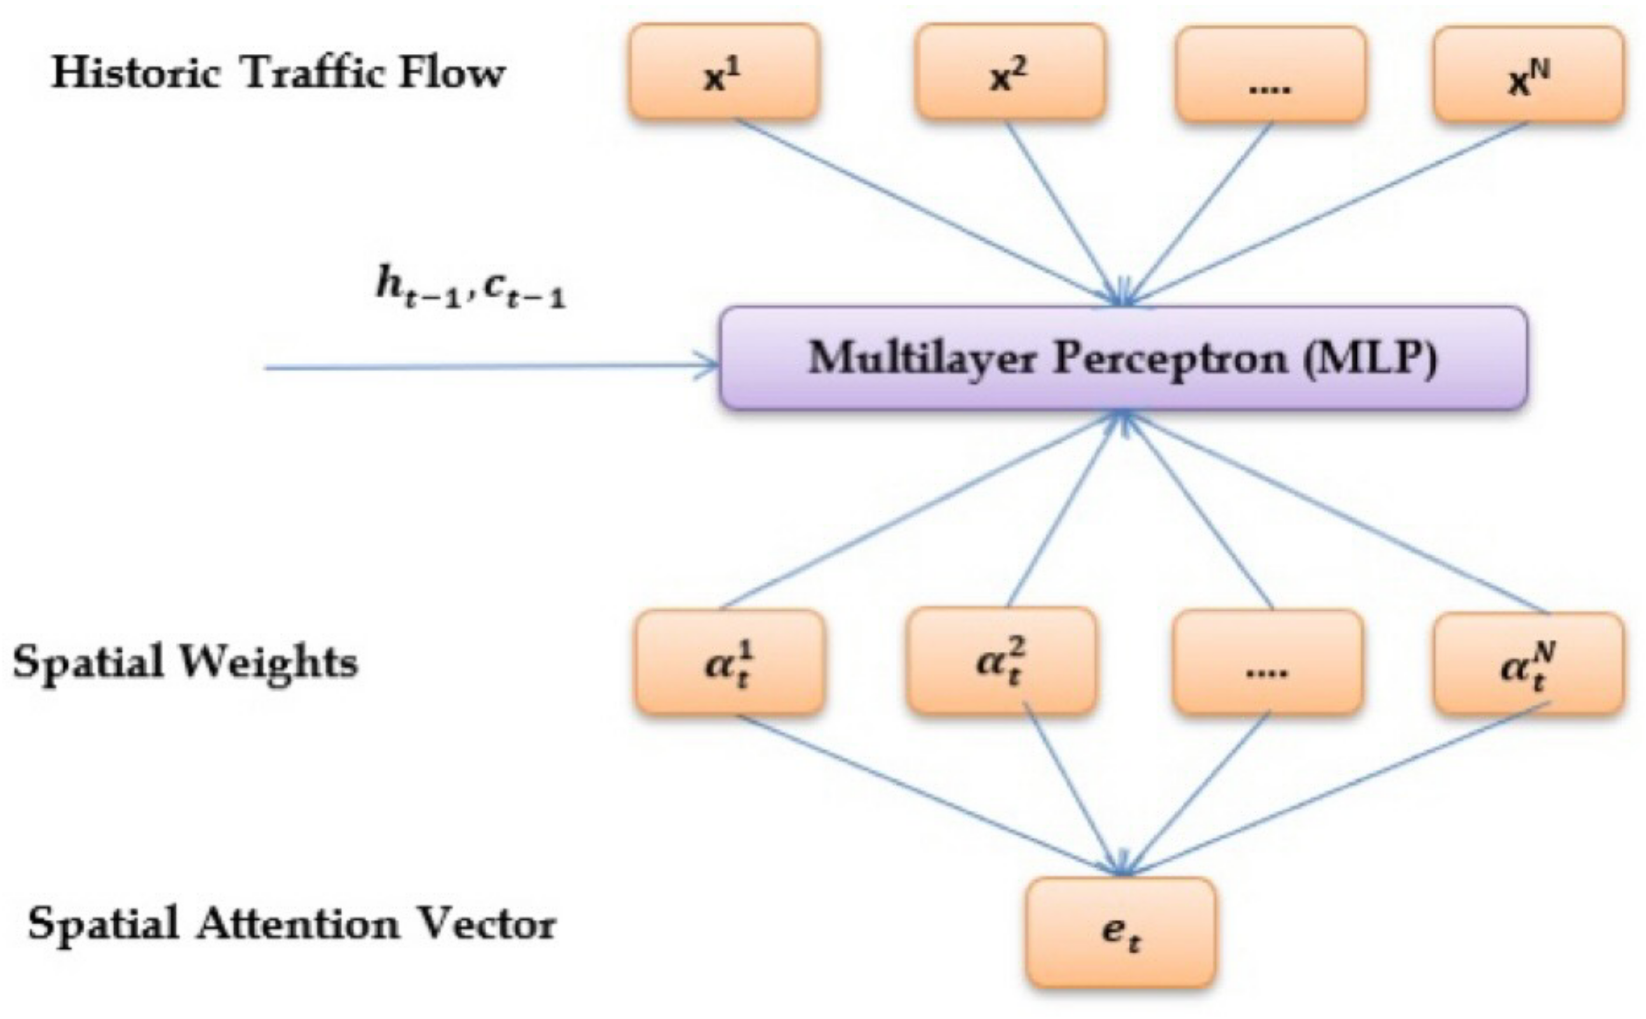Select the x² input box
click(x=1009, y=73)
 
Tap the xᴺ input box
click(x=1528, y=74)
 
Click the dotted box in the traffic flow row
click(x=1270, y=74)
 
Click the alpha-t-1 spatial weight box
click(x=729, y=662)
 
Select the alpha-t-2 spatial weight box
click(x=1001, y=660)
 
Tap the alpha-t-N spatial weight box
click(x=1528, y=663)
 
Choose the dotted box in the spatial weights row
click(x=1267, y=662)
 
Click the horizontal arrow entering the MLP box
click(x=492, y=367)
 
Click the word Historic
click(x=136, y=73)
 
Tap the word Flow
click(x=451, y=73)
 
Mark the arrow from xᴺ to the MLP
click(x=1327, y=212)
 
